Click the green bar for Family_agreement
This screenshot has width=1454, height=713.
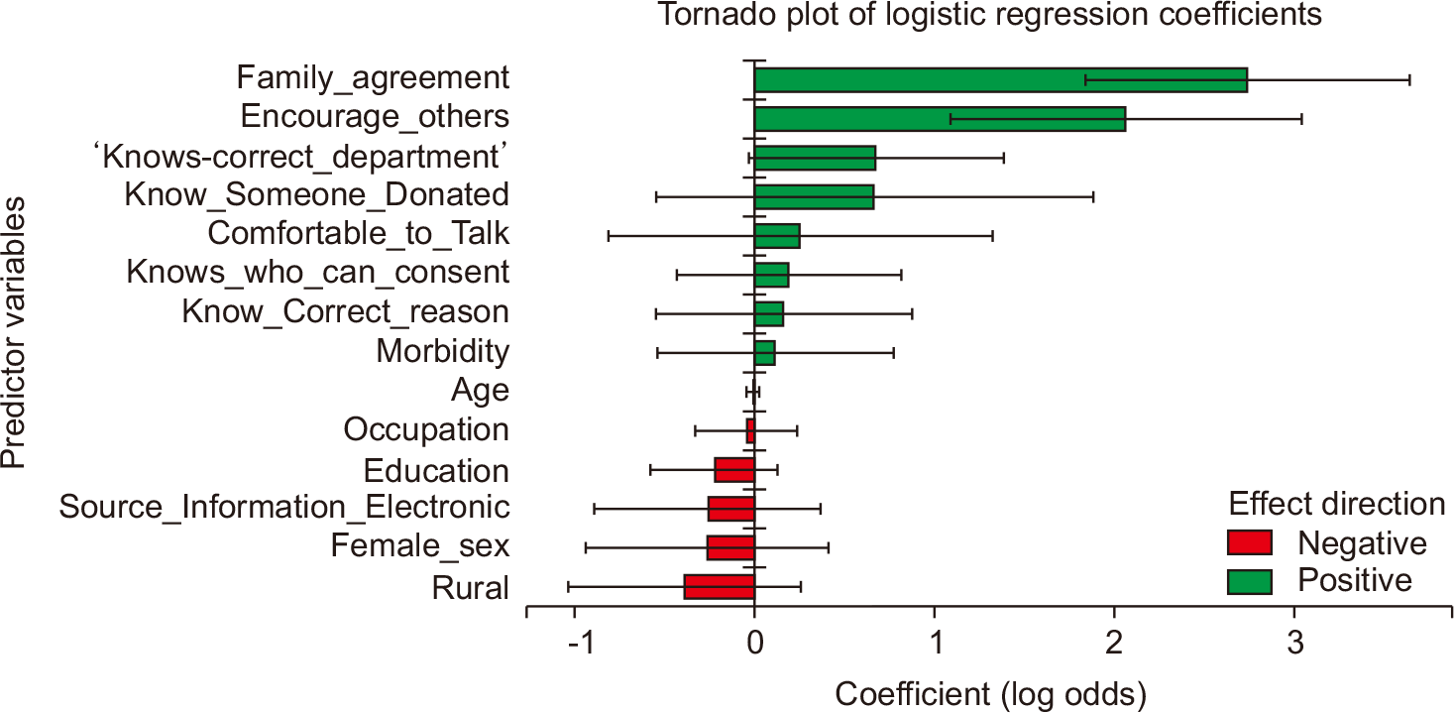(1000, 80)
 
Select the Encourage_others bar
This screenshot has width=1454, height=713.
(940, 119)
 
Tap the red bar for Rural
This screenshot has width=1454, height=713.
(720, 587)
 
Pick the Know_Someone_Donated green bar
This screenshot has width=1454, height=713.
(814, 196)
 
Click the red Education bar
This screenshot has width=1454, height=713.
(734, 470)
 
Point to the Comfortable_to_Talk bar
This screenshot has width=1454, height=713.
(777, 236)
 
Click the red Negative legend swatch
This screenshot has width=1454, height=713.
(1250, 542)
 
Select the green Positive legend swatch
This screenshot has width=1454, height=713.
(1250, 581)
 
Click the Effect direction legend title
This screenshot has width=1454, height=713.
(1337, 504)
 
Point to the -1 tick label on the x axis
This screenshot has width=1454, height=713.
(581, 643)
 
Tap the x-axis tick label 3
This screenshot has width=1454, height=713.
(1295, 643)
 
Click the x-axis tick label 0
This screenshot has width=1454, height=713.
(755, 643)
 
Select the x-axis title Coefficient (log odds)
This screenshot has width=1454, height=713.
(990, 695)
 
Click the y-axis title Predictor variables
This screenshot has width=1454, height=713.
(13, 332)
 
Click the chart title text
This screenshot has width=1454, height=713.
(990, 14)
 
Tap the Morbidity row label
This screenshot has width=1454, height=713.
(443, 351)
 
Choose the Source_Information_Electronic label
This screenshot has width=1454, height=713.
(284, 507)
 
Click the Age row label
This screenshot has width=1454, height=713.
(481, 391)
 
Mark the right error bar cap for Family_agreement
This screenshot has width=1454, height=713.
(1409, 80)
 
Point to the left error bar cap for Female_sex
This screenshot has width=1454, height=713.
(586, 548)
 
